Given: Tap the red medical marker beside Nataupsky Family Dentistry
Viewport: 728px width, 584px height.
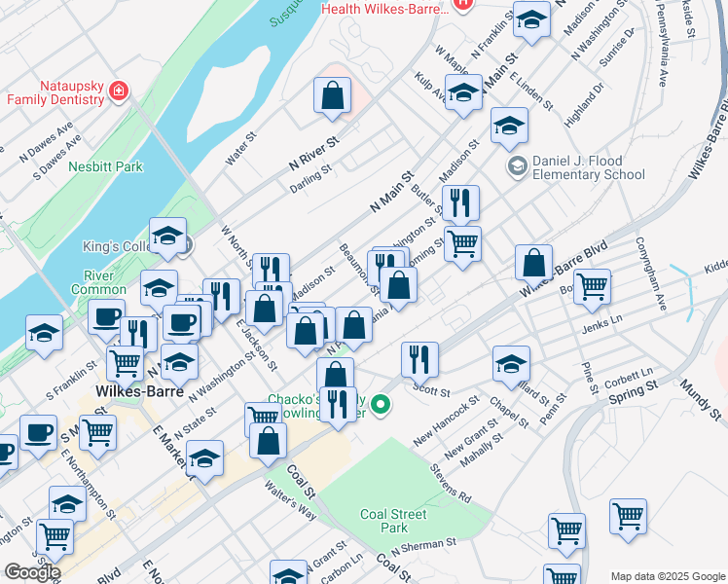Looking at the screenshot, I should click(x=118, y=91).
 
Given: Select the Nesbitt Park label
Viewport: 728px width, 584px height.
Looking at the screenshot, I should click(x=105, y=166).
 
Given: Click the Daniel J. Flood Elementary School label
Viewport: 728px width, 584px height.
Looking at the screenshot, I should click(x=588, y=167).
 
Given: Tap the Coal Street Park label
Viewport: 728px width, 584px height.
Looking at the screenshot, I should click(x=394, y=521).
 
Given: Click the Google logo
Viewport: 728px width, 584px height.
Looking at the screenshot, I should click(x=32, y=571).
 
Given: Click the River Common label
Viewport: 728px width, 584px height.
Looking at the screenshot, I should click(x=98, y=282).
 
